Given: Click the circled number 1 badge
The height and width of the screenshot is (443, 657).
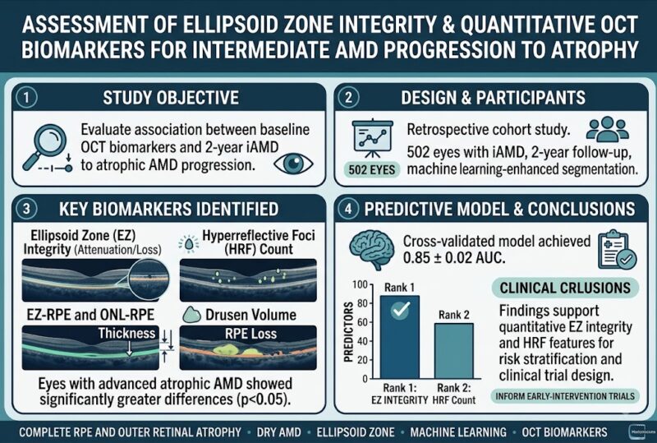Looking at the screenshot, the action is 26,98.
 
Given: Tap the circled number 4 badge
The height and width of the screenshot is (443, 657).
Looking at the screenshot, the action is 348,209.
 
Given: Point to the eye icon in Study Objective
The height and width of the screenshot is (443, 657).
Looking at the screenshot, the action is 293,164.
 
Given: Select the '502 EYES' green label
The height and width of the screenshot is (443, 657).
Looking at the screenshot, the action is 372,169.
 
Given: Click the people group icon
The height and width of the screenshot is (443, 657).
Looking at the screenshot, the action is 607,129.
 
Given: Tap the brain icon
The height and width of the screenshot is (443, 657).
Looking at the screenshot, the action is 372,250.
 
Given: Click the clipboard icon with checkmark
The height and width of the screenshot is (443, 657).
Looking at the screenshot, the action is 617,250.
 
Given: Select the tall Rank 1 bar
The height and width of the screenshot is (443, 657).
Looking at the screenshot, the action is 400,337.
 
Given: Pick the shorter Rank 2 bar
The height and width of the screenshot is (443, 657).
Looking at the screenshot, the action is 454,351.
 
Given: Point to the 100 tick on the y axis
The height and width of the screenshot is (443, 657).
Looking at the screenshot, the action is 360,285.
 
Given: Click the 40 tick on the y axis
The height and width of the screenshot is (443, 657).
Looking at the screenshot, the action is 362,341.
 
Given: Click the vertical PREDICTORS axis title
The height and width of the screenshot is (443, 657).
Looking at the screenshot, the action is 348,331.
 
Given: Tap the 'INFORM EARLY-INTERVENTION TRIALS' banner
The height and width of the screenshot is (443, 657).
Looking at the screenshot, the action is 565,396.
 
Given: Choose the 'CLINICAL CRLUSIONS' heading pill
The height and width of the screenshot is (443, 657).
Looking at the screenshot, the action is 565,288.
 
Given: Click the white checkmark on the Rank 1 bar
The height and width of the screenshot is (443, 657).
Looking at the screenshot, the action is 401,310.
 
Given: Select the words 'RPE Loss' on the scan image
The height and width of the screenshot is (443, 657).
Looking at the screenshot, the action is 250,334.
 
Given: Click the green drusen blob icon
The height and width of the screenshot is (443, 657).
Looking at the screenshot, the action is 192,314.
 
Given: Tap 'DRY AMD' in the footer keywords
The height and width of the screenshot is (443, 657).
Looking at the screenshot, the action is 278,432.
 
